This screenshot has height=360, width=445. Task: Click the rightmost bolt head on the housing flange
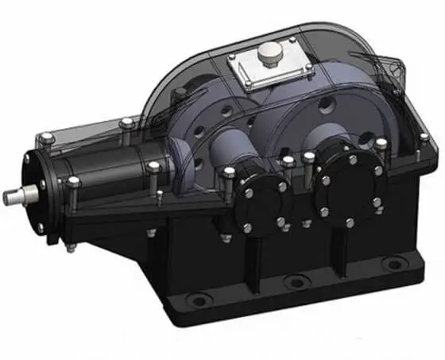click(x=424, y=138)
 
